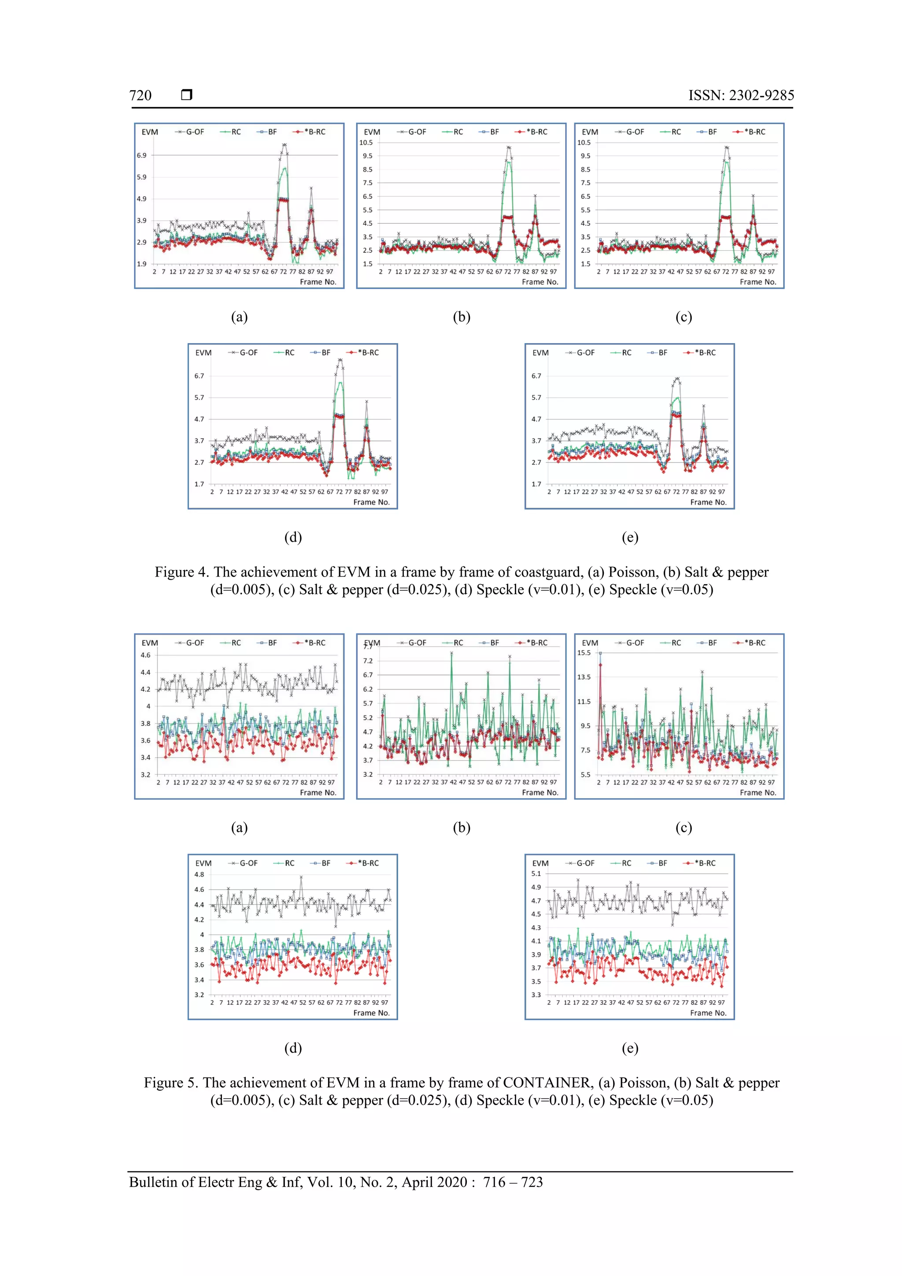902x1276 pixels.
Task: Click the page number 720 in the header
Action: coord(140,96)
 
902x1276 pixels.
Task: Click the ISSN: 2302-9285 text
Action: coord(741,96)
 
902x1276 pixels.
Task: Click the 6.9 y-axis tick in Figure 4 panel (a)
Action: coord(142,155)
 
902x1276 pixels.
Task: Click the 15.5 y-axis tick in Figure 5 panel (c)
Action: coord(584,653)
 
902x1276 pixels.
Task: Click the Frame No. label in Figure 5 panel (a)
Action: coord(318,792)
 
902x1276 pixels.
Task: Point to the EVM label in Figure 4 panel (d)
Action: coord(203,353)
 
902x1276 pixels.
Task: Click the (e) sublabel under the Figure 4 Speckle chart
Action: coord(630,537)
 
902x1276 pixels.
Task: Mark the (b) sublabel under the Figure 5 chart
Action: coord(461,828)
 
